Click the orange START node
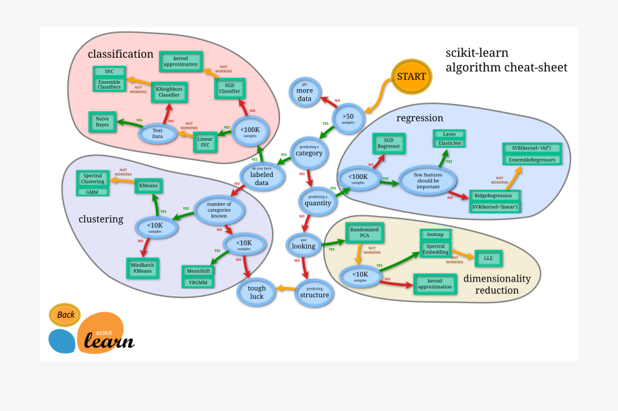(411, 76)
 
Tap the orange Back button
(65, 314)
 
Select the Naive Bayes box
(102, 121)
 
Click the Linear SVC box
(205, 141)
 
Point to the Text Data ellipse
(157, 133)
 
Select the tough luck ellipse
(257, 292)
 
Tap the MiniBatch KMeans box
(142, 269)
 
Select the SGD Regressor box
(388, 143)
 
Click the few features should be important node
(427, 180)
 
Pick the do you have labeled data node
(258, 176)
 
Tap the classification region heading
(120, 54)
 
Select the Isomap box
(436, 235)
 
